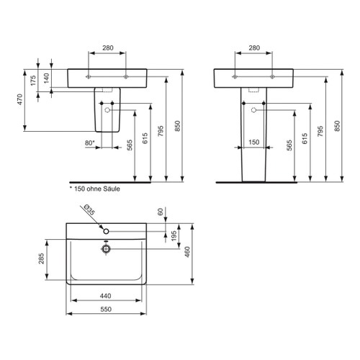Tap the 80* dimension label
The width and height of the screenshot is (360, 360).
[89, 143]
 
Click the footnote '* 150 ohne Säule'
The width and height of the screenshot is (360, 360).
[94, 189]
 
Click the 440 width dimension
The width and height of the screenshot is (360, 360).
[106, 296]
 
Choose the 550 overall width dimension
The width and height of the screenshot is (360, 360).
[106, 309]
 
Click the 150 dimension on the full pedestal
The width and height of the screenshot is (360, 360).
[253, 143]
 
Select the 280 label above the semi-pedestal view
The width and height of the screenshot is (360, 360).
[107, 48]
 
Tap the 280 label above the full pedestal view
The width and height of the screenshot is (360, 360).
[253, 48]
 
